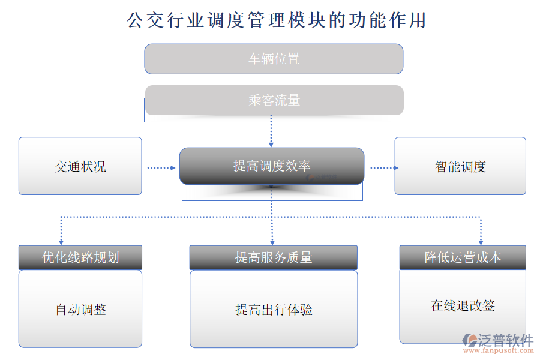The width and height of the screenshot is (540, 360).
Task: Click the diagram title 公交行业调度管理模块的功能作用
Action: pos(276,20)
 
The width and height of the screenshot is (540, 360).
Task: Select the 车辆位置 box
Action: pos(274,59)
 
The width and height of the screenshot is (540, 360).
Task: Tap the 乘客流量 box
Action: pos(274,100)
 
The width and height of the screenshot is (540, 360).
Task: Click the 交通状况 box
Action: pos(80,166)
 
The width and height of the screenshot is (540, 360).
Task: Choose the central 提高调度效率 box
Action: pos(272,166)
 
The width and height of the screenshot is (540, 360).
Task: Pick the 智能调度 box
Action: pos(460,166)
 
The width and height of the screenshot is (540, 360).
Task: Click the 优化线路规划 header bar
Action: pos(80,257)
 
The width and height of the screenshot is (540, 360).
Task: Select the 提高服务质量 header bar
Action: pos(274,257)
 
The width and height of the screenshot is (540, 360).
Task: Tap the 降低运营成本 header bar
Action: pos(463,257)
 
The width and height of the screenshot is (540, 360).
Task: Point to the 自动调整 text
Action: pos(80,310)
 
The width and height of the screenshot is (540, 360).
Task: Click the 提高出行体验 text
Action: pos(274,310)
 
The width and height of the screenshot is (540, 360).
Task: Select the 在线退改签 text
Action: pos(463,305)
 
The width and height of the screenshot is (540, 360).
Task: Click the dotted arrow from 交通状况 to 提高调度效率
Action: pos(161,168)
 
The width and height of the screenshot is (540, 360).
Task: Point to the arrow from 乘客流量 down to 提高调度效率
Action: pos(271,131)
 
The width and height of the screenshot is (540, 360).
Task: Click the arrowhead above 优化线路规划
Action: pos(61,242)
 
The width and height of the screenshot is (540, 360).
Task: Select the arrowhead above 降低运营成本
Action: pos(481,242)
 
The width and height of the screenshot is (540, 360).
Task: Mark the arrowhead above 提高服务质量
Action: pos(272,242)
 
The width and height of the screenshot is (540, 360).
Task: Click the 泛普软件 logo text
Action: pos(505,340)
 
